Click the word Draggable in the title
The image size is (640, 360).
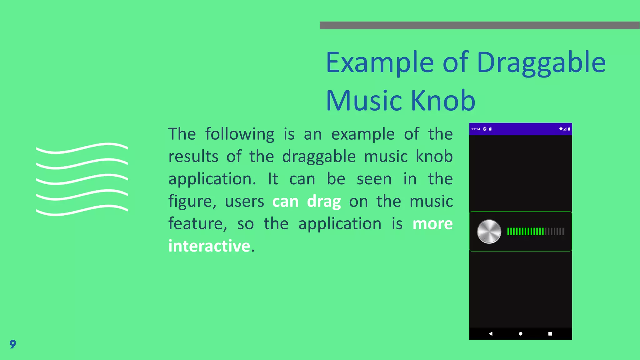tap(541, 63)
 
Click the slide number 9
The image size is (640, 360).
tap(13, 344)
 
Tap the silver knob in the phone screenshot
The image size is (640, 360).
tap(489, 232)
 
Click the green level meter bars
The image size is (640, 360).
tap(525, 232)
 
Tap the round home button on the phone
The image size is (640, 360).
tap(521, 334)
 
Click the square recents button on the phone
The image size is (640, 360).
tap(550, 334)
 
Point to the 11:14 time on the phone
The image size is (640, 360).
tap(476, 129)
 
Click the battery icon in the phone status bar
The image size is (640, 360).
tap(569, 129)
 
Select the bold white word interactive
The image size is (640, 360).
tap(209, 246)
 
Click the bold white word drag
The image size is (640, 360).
tap(324, 202)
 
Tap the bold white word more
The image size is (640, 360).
tap(432, 224)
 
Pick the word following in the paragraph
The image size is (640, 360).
tap(240, 134)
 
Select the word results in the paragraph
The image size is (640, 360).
tap(193, 157)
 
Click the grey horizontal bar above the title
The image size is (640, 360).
tap(480, 25)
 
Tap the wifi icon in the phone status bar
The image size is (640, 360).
tap(561, 129)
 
